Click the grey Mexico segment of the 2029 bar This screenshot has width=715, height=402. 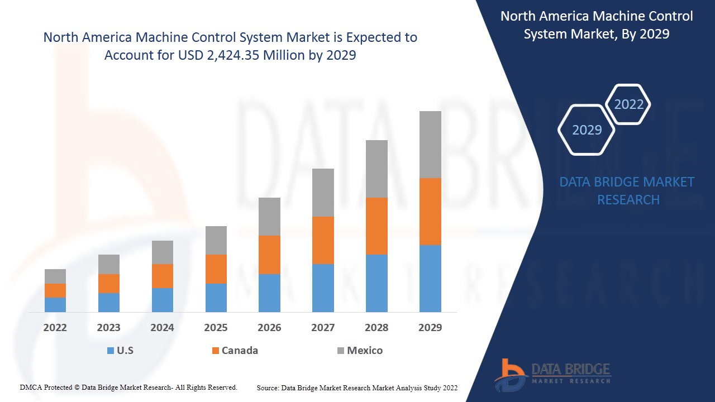coord(430,144)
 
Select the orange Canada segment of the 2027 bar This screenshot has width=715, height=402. coord(323,240)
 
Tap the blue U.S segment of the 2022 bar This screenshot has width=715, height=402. coord(55,304)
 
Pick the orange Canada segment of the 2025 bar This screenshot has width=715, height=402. coord(216,269)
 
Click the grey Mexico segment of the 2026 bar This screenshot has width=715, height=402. coord(269,216)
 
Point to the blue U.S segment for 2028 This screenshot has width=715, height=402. coord(376,283)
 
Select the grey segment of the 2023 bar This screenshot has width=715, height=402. coord(109,264)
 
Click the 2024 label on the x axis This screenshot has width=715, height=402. coord(162,328)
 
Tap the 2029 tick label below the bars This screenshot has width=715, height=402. coord(430,328)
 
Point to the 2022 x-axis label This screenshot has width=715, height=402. coord(55,328)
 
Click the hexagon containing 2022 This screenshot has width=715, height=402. coord(628,104)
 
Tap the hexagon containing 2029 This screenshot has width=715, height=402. coord(587,130)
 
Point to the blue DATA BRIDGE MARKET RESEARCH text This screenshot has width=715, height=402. coord(627,190)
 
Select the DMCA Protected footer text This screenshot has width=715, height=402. coord(128,387)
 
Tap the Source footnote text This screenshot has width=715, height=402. coord(357,387)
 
